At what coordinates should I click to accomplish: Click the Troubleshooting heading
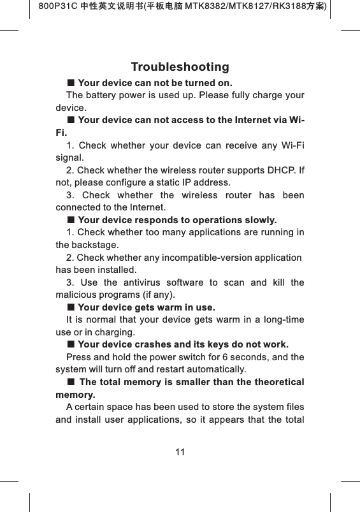click(180, 67)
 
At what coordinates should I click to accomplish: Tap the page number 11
click(180, 452)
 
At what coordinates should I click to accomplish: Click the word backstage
click(95, 245)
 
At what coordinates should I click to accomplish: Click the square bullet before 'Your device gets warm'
click(71, 307)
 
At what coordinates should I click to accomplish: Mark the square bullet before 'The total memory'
click(71, 382)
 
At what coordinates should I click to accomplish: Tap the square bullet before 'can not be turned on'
click(71, 83)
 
